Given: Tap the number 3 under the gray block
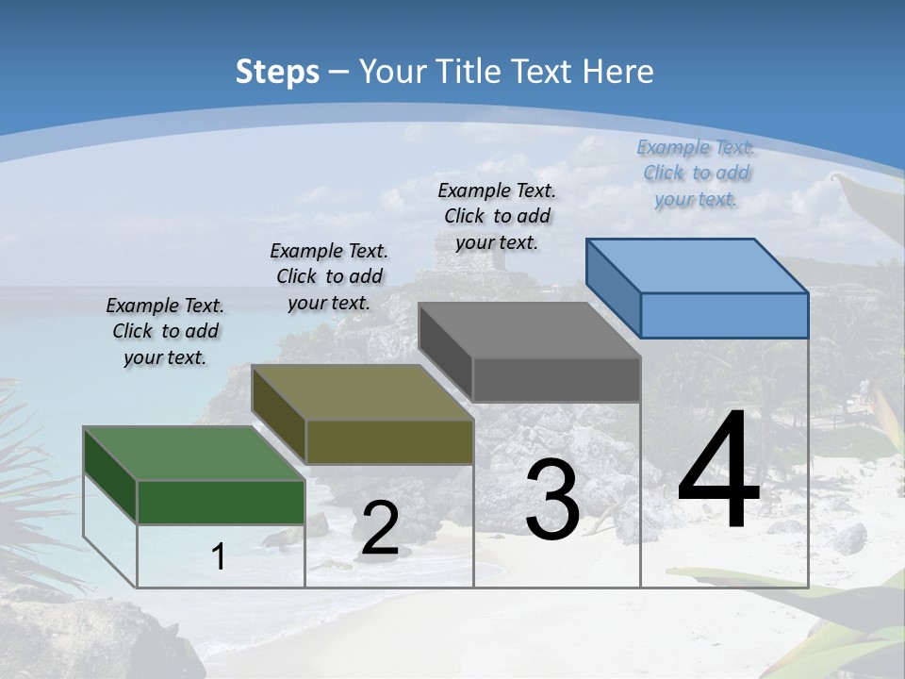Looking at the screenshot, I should (552, 500).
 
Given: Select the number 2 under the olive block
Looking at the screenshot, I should (380, 528).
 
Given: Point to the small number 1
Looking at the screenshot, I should (219, 557).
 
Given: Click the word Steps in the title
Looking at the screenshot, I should (277, 72).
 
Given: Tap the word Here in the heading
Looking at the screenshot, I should (618, 72).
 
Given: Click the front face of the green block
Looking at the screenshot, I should (222, 502).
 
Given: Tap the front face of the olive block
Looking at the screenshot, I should (389, 441).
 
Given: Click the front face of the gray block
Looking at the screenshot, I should (556, 379).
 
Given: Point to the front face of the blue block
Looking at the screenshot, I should (724, 315).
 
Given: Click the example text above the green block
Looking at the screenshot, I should (165, 331).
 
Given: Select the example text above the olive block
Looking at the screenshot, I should (329, 276).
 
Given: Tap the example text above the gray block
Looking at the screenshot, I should (497, 216).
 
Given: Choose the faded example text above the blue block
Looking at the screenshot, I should (696, 173).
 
